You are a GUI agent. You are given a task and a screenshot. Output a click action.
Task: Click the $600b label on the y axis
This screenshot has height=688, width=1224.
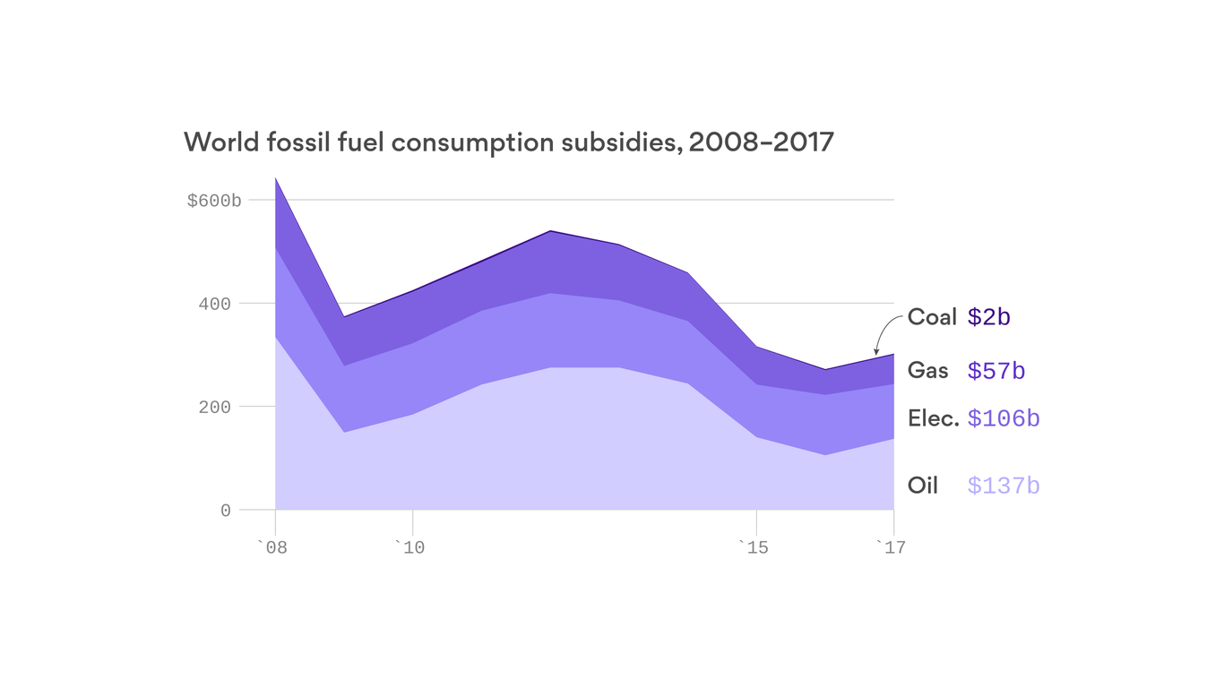click(214, 201)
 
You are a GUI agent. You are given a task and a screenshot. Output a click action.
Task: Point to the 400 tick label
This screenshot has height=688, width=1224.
click(214, 305)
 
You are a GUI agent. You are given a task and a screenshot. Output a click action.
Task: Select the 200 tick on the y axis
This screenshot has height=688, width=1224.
click(214, 408)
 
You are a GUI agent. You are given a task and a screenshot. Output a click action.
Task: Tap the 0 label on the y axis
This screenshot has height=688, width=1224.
click(225, 511)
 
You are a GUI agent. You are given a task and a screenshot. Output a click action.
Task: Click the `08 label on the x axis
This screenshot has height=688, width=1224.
click(272, 547)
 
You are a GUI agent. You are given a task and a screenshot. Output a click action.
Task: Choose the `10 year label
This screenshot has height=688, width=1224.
click(409, 547)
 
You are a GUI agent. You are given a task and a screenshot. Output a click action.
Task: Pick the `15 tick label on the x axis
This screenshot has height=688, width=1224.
click(754, 547)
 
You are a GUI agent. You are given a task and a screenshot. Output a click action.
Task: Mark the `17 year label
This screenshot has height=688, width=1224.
click(891, 547)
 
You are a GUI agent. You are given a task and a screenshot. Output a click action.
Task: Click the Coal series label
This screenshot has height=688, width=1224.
click(932, 317)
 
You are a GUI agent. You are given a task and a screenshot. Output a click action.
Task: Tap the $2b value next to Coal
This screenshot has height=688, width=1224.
click(989, 317)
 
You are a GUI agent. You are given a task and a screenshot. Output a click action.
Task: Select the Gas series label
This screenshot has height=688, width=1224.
click(927, 370)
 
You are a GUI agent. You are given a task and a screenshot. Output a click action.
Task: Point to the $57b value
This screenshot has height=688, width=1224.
click(996, 371)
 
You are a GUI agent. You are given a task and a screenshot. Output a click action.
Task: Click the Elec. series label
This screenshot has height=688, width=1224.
click(934, 418)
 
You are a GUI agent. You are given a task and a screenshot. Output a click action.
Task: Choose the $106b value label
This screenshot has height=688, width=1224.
click(1004, 418)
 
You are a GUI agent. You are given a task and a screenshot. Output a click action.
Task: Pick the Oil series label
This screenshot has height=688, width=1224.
click(923, 486)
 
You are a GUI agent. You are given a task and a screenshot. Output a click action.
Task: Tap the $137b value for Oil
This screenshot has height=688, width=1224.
click(1004, 486)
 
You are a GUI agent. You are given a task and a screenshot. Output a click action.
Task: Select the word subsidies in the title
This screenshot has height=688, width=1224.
click(610, 142)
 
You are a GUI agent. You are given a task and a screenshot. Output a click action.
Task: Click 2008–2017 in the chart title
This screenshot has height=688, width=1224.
click(762, 142)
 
